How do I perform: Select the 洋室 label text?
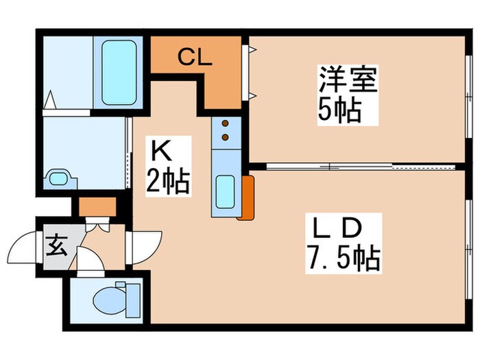[x=348, y=81]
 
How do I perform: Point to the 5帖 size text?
[x=339, y=110]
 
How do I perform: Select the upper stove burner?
[x=224, y=125]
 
